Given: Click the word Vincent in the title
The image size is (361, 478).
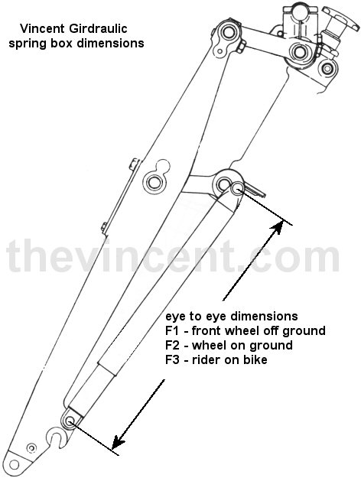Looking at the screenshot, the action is tap(42, 28).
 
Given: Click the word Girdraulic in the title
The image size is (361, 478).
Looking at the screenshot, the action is tap(98, 28).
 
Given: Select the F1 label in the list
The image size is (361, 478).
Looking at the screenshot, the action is tap(172, 330).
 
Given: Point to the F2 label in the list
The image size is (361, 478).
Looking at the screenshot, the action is tap(173, 345).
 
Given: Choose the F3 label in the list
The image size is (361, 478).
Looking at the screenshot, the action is tap(173, 359).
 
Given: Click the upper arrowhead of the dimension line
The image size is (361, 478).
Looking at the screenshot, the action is tap(276, 228).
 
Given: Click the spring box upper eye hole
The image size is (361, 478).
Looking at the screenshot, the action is tap(237, 188).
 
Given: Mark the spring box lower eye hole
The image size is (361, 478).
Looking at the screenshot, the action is tap(70, 421).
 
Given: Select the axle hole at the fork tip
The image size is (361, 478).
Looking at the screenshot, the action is tap(14, 464).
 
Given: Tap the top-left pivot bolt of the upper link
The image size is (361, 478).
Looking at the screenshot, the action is tap(228, 32).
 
